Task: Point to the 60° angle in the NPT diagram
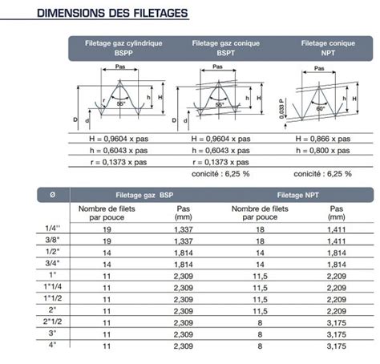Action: pyautogui.click(x=320, y=107)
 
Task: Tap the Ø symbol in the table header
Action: pyautogui.click(x=53, y=194)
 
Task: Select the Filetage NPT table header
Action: pyautogui.click(x=300, y=194)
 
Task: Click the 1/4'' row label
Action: pyautogui.click(x=53, y=229)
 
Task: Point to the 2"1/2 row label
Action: pyautogui.click(x=53, y=321)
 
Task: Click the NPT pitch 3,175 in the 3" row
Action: pyautogui.click(x=335, y=333)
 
